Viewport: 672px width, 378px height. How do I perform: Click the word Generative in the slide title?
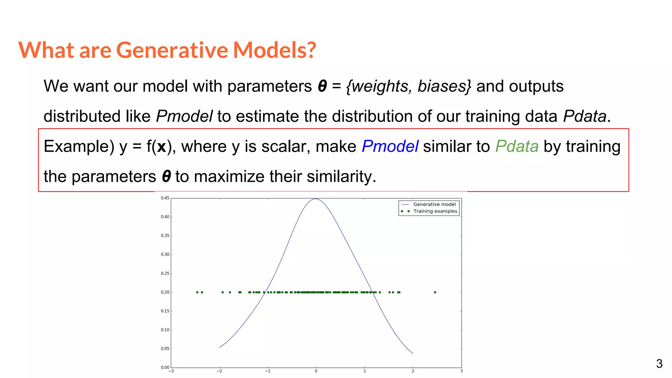(x=172, y=50)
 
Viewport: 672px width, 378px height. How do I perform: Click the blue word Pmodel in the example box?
(x=390, y=146)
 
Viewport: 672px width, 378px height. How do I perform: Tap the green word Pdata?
(x=517, y=146)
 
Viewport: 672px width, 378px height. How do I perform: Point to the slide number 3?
(x=659, y=364)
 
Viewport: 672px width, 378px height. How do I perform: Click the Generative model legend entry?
(x=434, y=204)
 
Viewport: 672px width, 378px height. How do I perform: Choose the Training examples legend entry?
(x=435, y=211)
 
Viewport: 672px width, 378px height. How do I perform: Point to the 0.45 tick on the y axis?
(x=165, y=198)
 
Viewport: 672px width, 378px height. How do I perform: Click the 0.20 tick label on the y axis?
(x=165, y=292)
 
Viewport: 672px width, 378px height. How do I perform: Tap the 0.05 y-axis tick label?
(x=165, y=349)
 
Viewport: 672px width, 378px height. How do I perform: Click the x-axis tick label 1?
(x=365, y=371)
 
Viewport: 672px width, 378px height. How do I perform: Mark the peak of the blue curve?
(x=316, y=199)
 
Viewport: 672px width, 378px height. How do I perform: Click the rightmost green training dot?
(x=435, y=292)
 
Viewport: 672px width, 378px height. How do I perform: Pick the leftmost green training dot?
(x=197, y=292)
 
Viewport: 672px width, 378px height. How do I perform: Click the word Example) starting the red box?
(x=79, y=147)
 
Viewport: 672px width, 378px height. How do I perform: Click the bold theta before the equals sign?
(x=323, y=86)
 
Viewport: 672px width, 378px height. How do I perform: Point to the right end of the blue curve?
(x=412, y=353)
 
